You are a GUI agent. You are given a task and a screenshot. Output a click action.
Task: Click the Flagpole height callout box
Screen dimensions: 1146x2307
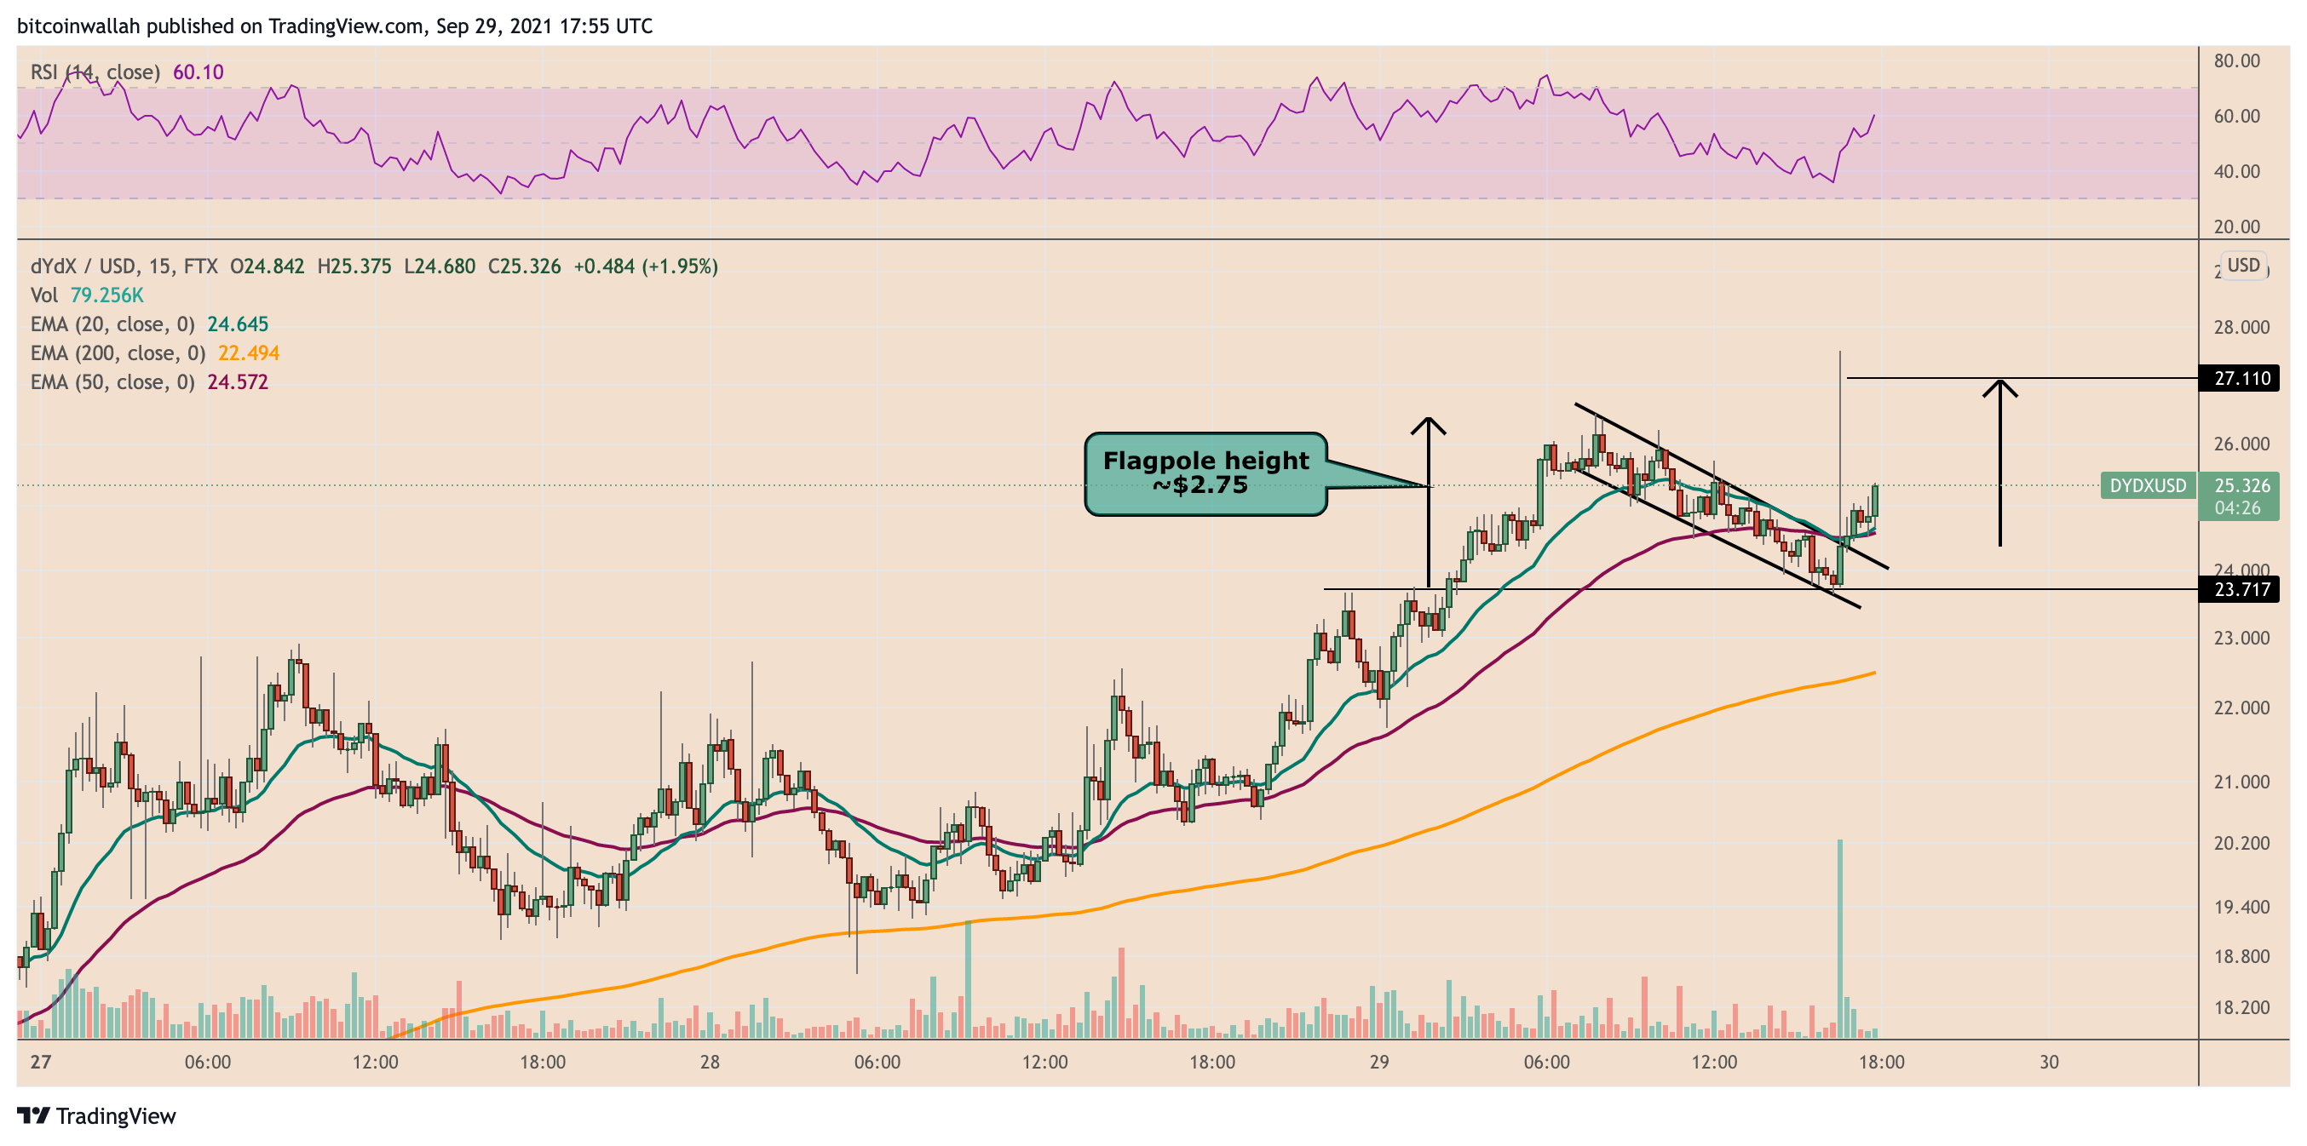point(1205,473)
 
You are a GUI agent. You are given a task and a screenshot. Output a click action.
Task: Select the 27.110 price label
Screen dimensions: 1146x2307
point(2241,379)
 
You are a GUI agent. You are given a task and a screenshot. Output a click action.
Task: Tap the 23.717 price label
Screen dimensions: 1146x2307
point(2241,589)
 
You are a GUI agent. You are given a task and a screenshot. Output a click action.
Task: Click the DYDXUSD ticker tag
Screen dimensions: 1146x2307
point(2147,485)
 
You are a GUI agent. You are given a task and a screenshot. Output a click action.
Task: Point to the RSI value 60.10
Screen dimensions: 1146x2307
point(198,72)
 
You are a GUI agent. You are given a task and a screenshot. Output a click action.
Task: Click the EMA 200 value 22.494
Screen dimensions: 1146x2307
point(248,352)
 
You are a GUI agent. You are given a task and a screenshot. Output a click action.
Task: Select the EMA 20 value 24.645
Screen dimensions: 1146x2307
point(238,324)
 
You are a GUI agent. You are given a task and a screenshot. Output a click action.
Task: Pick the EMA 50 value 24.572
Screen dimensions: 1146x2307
point(238,382)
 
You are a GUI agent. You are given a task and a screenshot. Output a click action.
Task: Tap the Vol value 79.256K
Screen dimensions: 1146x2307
point(106,295)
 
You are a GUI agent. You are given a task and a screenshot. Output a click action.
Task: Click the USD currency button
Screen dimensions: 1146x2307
point(2243,266)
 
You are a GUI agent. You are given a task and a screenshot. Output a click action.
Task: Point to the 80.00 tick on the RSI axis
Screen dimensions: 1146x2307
point(2236,61)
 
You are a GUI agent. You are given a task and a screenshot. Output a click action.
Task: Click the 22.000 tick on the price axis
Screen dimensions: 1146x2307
point(2241,708)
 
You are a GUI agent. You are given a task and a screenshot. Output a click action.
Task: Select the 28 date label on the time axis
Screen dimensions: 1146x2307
point(710,1062)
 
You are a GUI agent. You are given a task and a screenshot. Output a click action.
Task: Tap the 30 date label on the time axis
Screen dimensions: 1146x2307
point(2049,1062)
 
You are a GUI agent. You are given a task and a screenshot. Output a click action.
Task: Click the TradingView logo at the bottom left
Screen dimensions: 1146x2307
point(97,1115)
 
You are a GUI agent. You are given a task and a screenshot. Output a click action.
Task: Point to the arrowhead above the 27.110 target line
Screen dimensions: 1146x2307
point(1999,387)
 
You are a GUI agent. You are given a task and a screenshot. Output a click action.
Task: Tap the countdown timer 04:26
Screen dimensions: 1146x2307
point(2237,508)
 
